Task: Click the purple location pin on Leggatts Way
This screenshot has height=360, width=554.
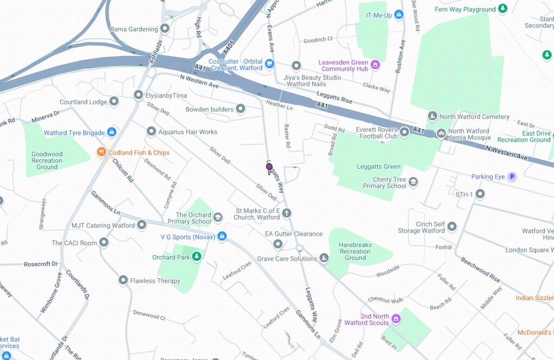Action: pyautogui.click(x=269, y=168)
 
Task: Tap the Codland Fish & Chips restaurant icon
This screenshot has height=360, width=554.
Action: pyautogui.click(x=101, y=152)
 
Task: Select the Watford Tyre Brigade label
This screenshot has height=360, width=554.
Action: pyautogui.click(x=74, y=132)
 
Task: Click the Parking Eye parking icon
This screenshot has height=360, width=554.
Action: pyautogui.click(x=511, y=177)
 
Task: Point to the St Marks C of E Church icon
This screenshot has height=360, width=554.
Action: pyautogui.click(x=287, y=214)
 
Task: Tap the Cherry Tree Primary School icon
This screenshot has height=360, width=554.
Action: pyautogui.click(x=413, y=182)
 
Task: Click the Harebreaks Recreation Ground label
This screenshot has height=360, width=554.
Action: pyautogui.click(x=355, y=251)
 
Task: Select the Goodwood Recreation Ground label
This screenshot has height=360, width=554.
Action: pyautogui.click(x=47, y=161)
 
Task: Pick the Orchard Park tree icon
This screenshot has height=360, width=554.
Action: pyautogui.click(x=197, y=257)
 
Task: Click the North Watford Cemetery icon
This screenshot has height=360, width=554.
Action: pyautogui.click(x=432, y=116)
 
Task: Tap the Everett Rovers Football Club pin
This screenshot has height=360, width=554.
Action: pyautogui.click(x=404, y=132)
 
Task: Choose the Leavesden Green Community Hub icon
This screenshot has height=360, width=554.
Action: pyautogui.click(x=375, y=65)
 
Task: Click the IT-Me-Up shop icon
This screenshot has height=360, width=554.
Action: pyautogui.click(x=399, y=15)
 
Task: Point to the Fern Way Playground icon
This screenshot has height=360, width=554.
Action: pyautogui.click(x=503, y=9)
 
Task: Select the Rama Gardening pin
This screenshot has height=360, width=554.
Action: pyautogui.click(x=165, y=29)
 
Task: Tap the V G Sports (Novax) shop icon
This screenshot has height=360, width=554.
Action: pyautogui.click(x=222, y=236)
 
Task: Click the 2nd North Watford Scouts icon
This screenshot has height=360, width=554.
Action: pyautogui.click(x=396, y=319)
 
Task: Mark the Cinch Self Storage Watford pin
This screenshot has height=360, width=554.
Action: pyautogui.click(x=452, y=226)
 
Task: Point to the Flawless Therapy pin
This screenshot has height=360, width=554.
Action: pyautogui.click(x=123, y=280)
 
